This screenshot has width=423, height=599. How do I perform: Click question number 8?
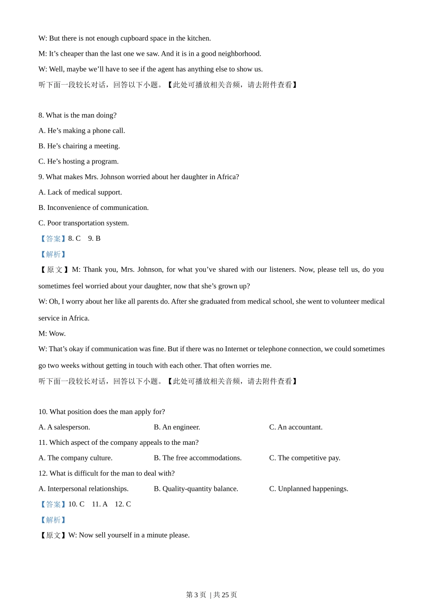click(x=41, y=115)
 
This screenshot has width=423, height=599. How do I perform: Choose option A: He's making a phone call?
click(x=81, y=131)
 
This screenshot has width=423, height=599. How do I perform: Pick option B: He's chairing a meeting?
click(x=79, y=146)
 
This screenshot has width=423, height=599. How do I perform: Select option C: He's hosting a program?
click(x=78, y=161)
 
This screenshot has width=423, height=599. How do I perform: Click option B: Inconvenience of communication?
click(x=94, y=208)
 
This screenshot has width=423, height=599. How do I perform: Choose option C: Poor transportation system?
click(x=83, y=223)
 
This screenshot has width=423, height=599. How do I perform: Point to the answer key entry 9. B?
click(x=94, y=238)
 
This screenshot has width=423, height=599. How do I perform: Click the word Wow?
click(x=57, y=333)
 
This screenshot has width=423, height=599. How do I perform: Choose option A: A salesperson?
click(x=64, y=427)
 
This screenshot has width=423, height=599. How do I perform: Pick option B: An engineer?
click(x=177, y=427)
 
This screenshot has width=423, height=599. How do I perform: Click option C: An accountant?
click(x=296, y=427)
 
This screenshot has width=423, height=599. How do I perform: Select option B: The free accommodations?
click(x=198, y=458)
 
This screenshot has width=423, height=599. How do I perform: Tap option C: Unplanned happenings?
click(x=309, y=488)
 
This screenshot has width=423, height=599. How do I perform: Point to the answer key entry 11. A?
click(x=100, y=504)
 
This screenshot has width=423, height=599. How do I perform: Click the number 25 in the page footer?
click(x=225, y=595)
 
